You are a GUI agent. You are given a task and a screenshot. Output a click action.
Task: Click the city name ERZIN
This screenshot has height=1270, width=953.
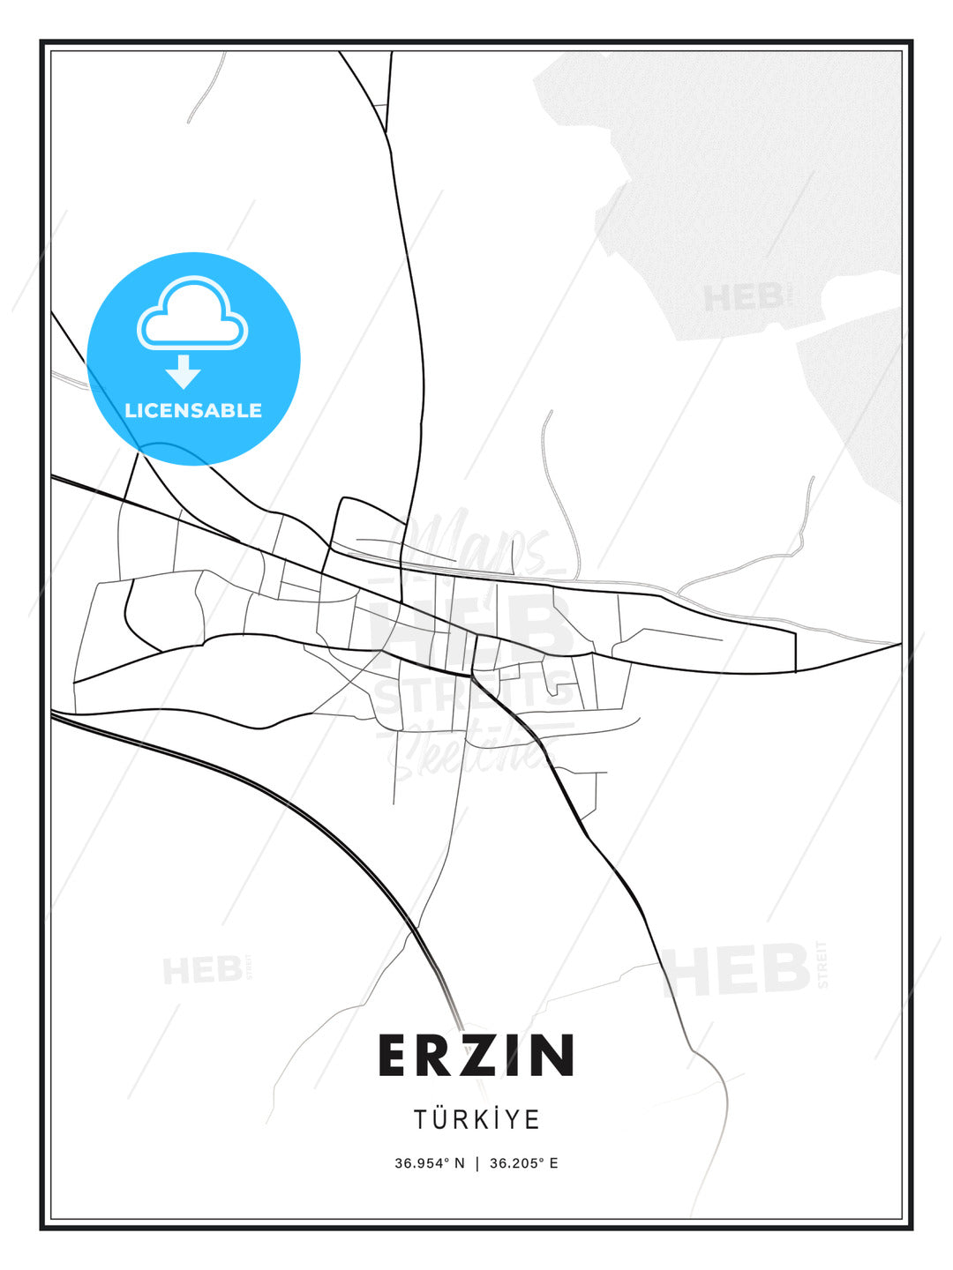[476, 1055]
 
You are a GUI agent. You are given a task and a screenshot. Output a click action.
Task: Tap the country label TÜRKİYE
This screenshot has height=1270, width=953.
[476, 1119]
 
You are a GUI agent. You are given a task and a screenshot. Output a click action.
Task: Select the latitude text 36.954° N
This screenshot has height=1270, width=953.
[430, 1163]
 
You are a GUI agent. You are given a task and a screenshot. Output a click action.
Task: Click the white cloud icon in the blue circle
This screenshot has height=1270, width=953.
[192, 316]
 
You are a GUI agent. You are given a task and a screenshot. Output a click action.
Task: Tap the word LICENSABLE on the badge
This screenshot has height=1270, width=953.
[193, 410]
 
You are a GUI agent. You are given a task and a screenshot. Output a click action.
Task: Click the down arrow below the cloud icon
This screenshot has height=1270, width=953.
[184, 371]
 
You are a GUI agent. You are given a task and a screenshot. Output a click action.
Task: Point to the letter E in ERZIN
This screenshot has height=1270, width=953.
[394, 1055]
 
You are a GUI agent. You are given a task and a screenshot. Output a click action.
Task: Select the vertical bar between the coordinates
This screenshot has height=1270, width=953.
[477, 1163]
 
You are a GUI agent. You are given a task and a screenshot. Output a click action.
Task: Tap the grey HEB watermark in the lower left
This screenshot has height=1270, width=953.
[203, 970]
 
